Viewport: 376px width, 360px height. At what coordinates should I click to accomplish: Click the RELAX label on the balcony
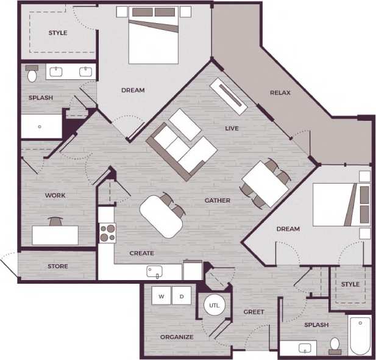click(280, 93)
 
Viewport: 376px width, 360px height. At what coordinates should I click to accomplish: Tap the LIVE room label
click(232, 128)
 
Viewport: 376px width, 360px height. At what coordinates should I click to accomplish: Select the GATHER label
click(217, 200)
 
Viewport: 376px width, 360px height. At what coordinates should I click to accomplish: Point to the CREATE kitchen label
click(141, 253)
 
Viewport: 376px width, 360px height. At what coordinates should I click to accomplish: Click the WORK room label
click(55, 196)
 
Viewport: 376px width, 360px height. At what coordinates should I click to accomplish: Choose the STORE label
click(58, 267)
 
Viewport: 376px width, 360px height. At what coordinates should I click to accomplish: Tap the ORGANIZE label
click(177, 337)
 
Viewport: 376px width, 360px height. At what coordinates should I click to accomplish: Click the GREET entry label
click(254, 312)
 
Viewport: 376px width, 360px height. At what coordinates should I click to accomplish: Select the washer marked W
click(161, 297)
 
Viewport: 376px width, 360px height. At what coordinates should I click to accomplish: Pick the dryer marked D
click(181, 297)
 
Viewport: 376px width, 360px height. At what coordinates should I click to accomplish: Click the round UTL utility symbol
click(214, 304)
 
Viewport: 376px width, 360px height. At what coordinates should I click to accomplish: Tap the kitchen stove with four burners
click(108, 233)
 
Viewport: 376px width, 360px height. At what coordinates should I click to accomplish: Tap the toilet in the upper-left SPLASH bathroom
click(32, 75)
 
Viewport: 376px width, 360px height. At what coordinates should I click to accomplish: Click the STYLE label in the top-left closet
click(58, 33)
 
